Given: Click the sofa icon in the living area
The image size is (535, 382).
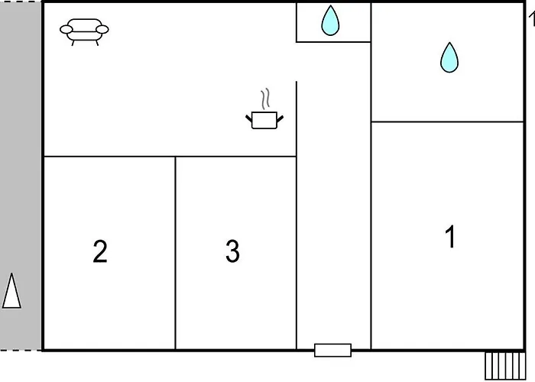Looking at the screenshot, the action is pyautogui.click(x=84, y=32).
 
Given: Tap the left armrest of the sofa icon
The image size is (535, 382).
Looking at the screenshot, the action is pyautogui.click(x=66, y=30).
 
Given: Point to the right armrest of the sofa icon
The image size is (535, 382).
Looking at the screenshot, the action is pyautogui.click(x=102, y=30).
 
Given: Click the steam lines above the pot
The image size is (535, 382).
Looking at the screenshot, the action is pyautogui.click(x=265, y=99).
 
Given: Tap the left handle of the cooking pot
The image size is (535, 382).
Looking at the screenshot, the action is pyautogui.click(x=248, y=118).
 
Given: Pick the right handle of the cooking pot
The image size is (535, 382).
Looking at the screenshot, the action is pyautogui.click(x=280, y=119).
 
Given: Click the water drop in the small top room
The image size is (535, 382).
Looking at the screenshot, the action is pyautogui.click(x=330, y=21).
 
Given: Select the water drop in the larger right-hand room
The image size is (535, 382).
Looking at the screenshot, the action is pyautogui.click(x=449, y=57).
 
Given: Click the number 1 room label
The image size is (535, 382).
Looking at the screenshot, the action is pyautogui.click(x=450, y=236).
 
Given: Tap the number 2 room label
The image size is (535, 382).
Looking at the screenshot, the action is pyautogui.click(x=100, y=251).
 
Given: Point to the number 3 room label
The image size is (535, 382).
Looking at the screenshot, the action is pyautogui.click(x=232, y=251).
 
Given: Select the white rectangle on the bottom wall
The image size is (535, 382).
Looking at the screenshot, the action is pyautogui.click(x=332, y=350).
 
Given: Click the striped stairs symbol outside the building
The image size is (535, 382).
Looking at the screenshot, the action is pyautogui.click(x=505, y=366).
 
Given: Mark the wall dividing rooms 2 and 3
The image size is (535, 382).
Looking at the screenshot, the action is pyautogui.click(x=175, y=253).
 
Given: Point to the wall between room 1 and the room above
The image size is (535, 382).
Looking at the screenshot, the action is pyautogui.click(x=447, y=121).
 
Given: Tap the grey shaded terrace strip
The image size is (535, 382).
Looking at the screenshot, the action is pyautogui.click(x=21, y=176).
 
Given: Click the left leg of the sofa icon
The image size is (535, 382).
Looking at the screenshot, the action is pyautogui.click(x=73, y=43).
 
